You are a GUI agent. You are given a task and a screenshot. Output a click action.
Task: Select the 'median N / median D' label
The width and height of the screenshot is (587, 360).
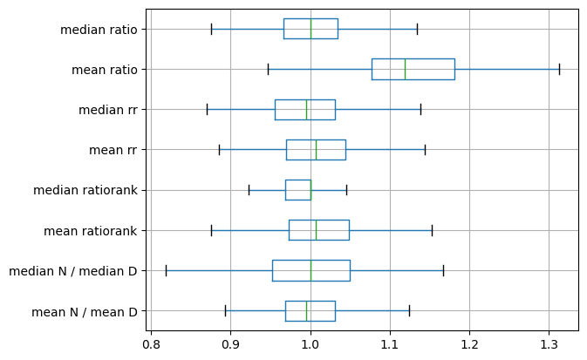pos(72,271)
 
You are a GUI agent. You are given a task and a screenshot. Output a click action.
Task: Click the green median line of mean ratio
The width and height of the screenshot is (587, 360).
pos(405,69)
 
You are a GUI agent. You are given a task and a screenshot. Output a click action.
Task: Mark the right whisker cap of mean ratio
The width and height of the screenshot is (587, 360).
pos(559,69)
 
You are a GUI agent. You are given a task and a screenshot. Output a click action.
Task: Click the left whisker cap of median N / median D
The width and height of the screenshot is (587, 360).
pos(166,270)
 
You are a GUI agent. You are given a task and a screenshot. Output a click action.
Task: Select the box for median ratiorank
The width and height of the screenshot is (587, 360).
pos(297,190)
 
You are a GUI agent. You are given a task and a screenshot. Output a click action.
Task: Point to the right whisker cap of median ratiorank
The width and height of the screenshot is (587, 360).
pos(346,190)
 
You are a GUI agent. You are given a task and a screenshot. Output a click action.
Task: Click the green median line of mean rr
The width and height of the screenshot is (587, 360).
pos(316,150)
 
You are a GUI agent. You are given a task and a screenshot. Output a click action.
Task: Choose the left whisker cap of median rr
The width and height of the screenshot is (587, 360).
pos(207,110)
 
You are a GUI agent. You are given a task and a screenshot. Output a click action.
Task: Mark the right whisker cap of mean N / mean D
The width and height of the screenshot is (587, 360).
pos(409,311)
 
